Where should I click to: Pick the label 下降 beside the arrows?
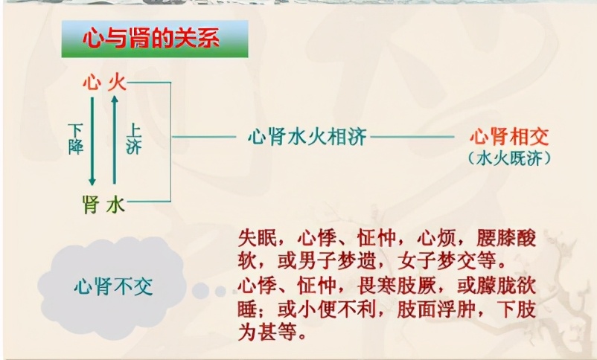(75, 138)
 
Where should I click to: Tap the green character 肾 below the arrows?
(91, 202)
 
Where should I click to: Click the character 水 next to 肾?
(116, 202)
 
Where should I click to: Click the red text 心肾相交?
(509, 136)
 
